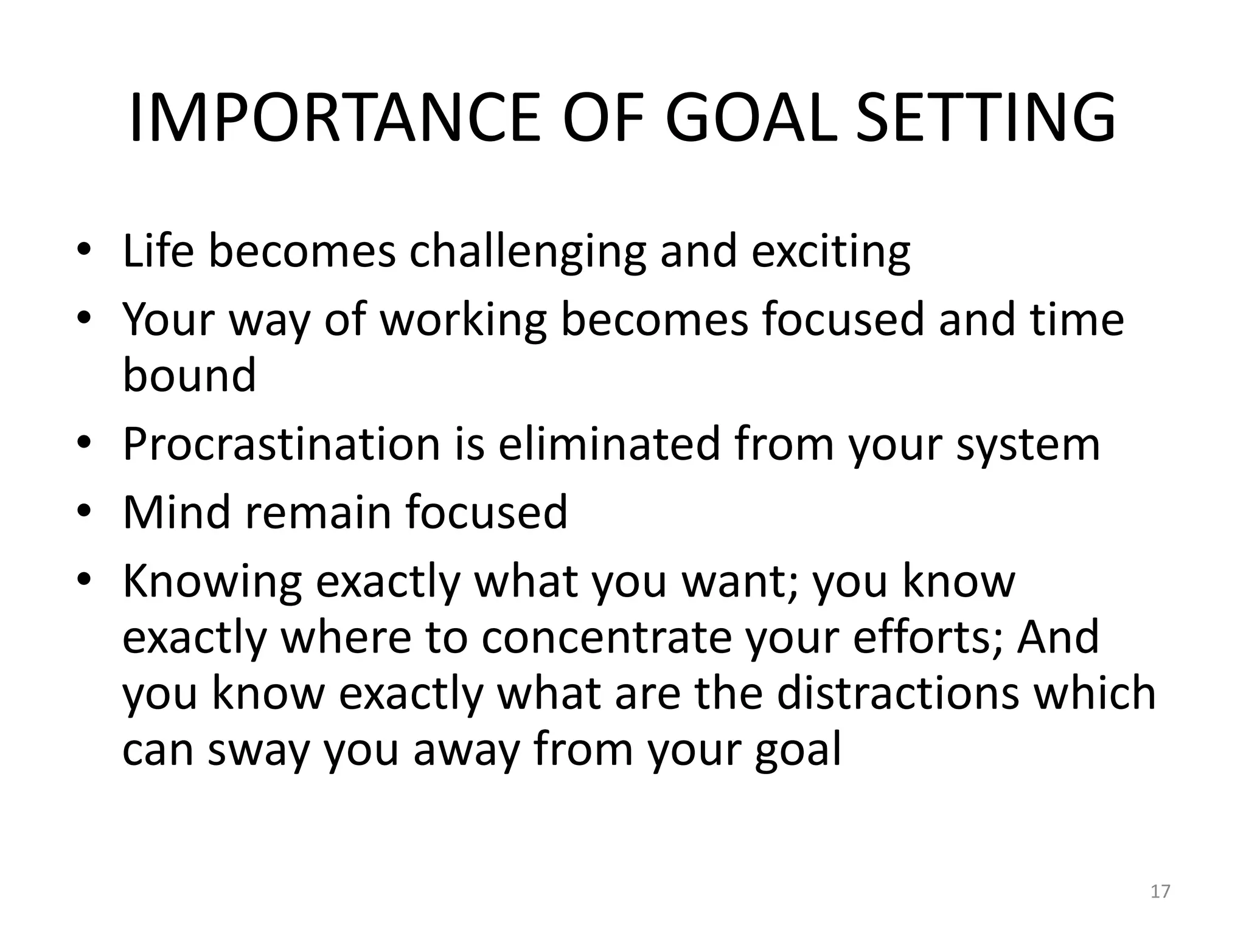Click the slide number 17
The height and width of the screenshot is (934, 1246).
point(1160,891)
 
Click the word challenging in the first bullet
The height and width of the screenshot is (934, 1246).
point(527,251)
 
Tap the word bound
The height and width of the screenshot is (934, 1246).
point(189,375)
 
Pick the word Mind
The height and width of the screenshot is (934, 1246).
point(177,513)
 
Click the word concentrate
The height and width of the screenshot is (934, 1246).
point(607,638)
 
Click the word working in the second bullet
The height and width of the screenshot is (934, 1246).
point(463,320)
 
